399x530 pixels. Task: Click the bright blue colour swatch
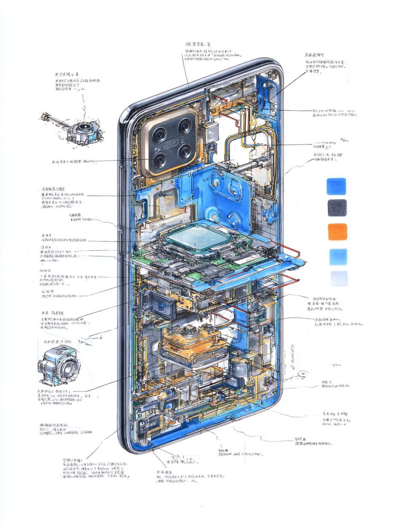tap(336, 186)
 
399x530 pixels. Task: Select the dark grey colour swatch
tap(337, 207)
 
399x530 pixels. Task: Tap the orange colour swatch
tap(337, 231)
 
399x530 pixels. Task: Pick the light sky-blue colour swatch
tap(338, 256)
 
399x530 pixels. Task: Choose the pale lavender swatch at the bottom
tap(339, 278)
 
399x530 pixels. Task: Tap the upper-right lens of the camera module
tap(185, 126)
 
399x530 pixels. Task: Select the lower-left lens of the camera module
tap(159, 160)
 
